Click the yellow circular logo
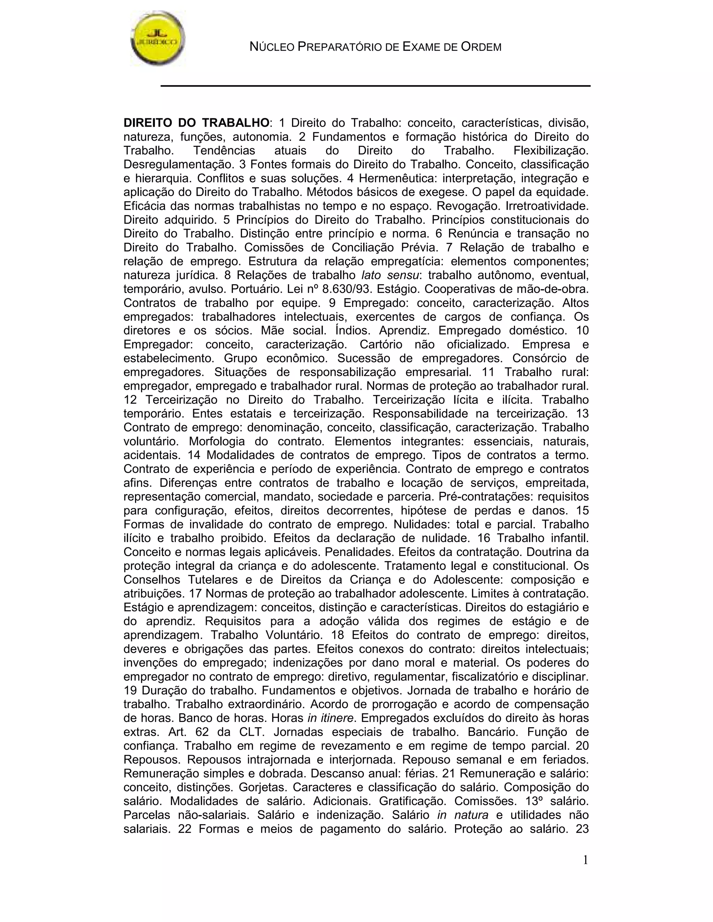(157, 39)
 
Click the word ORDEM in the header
(481, 47)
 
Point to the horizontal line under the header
(375, 86)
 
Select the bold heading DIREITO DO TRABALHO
(196, 123)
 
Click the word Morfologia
(217, 441)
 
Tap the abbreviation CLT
(253, 732)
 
